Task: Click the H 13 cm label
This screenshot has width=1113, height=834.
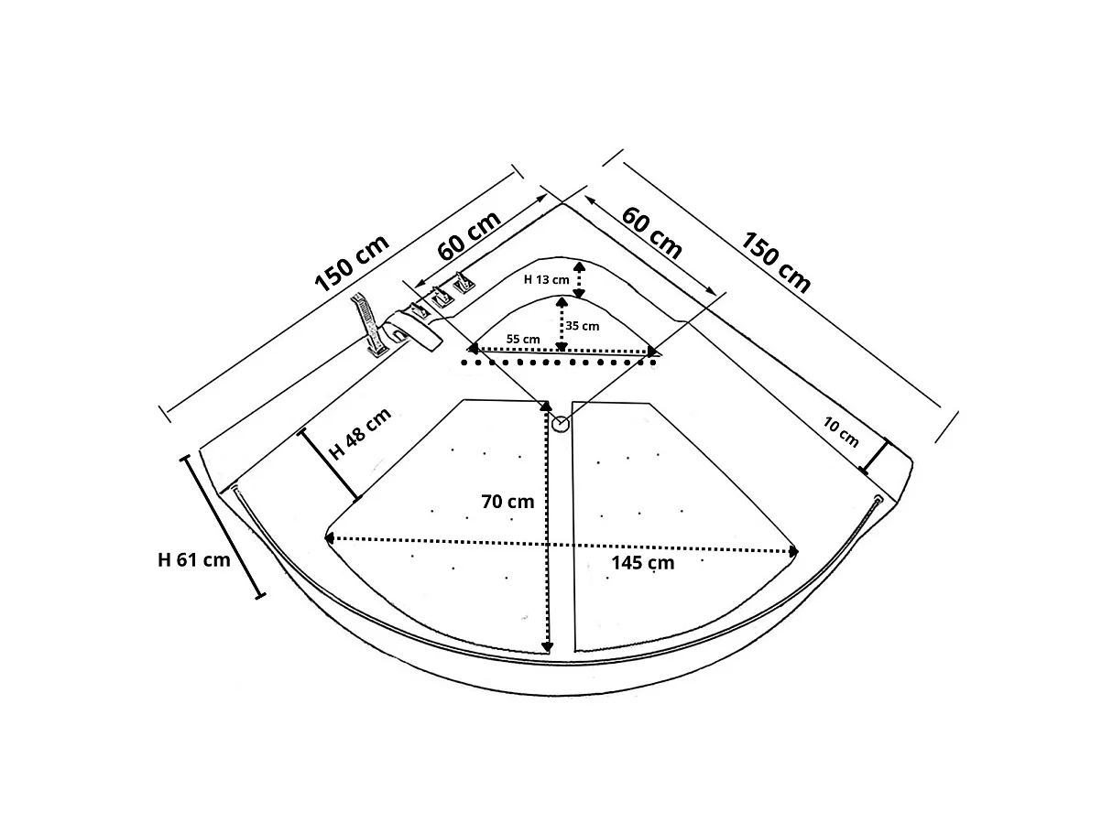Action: tap(546, 279)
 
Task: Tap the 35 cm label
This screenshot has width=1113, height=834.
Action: tap(583, 326)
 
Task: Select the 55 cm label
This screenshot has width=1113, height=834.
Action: tap(523, 339)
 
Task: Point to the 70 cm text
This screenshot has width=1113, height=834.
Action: tap(507, 502)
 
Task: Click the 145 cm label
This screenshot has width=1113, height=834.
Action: tap(642, 563)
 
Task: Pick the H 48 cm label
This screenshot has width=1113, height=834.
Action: tap(360, 433)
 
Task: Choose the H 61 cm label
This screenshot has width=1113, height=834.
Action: tap(194, 560)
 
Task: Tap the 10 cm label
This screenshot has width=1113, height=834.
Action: tap(841, 432)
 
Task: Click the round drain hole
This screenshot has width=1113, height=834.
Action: tap(561, 424)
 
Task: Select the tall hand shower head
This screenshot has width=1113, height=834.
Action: tap(367, 324)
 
